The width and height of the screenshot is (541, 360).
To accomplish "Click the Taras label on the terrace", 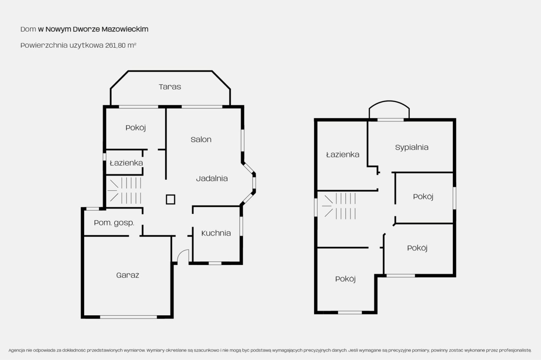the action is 170,87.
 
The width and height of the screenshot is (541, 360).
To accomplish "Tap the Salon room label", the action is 201,139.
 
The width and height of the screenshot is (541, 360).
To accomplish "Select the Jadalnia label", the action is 212,178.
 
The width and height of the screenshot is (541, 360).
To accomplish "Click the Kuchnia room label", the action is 216,233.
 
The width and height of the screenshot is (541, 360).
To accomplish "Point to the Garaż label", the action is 127,275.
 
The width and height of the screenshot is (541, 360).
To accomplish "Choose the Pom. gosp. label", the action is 114,223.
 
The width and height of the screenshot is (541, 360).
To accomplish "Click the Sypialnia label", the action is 412,147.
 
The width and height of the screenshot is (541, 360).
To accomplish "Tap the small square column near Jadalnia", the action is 171,200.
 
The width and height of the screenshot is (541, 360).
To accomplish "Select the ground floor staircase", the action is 124,191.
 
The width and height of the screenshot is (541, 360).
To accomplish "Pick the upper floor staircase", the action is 339,206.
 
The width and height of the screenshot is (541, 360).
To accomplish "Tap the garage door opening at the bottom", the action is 128,317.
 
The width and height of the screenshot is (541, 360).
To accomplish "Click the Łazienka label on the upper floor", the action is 343,154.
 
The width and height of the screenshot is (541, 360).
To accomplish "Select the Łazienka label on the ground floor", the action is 126,163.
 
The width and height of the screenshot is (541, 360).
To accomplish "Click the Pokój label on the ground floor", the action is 136,127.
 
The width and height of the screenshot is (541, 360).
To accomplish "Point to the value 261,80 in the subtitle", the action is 115,45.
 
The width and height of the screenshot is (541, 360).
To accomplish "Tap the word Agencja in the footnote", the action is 17,350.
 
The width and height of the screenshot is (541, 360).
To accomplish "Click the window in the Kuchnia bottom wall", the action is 215,263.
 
